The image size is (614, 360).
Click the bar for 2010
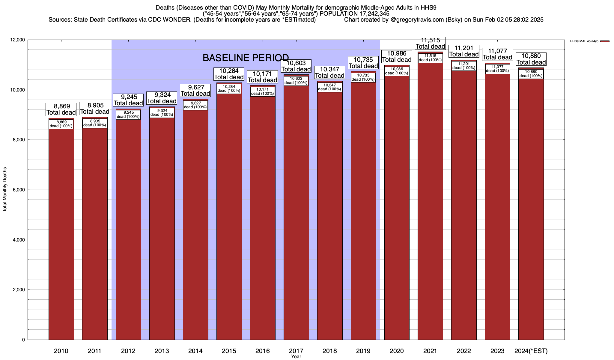(x=61, y=234)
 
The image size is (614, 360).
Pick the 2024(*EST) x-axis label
(x=531, y=351)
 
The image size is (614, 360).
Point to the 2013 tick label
(x=162, y=351)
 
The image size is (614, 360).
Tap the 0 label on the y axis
(x=23, y=340)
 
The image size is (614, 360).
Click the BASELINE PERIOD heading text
(x=246, y=58)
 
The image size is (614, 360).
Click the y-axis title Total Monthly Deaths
(x=5, y=190)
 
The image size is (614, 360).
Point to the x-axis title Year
(x=296, y=357)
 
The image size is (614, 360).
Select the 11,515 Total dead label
(x=430, y=43)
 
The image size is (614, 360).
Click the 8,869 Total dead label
(x=61, y=109)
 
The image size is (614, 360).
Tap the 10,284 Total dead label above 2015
(x=229, y=74)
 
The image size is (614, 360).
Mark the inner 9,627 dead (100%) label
(x=195, y=105)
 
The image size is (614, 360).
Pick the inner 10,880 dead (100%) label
(x=531, y=74)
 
